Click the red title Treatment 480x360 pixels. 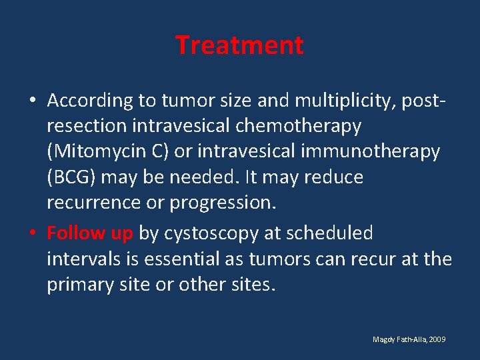pos(239,45)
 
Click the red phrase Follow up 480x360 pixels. pos(90,233)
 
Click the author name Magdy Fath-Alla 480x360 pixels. pos(400,339)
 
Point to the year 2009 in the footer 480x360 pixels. pos(437,339)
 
